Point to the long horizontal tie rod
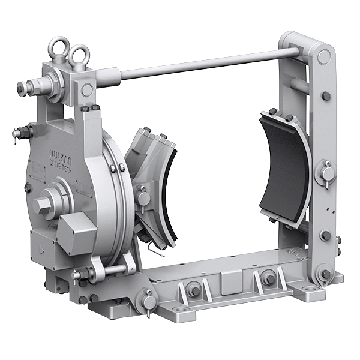pos(198,64)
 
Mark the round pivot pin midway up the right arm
pos(328,173)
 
